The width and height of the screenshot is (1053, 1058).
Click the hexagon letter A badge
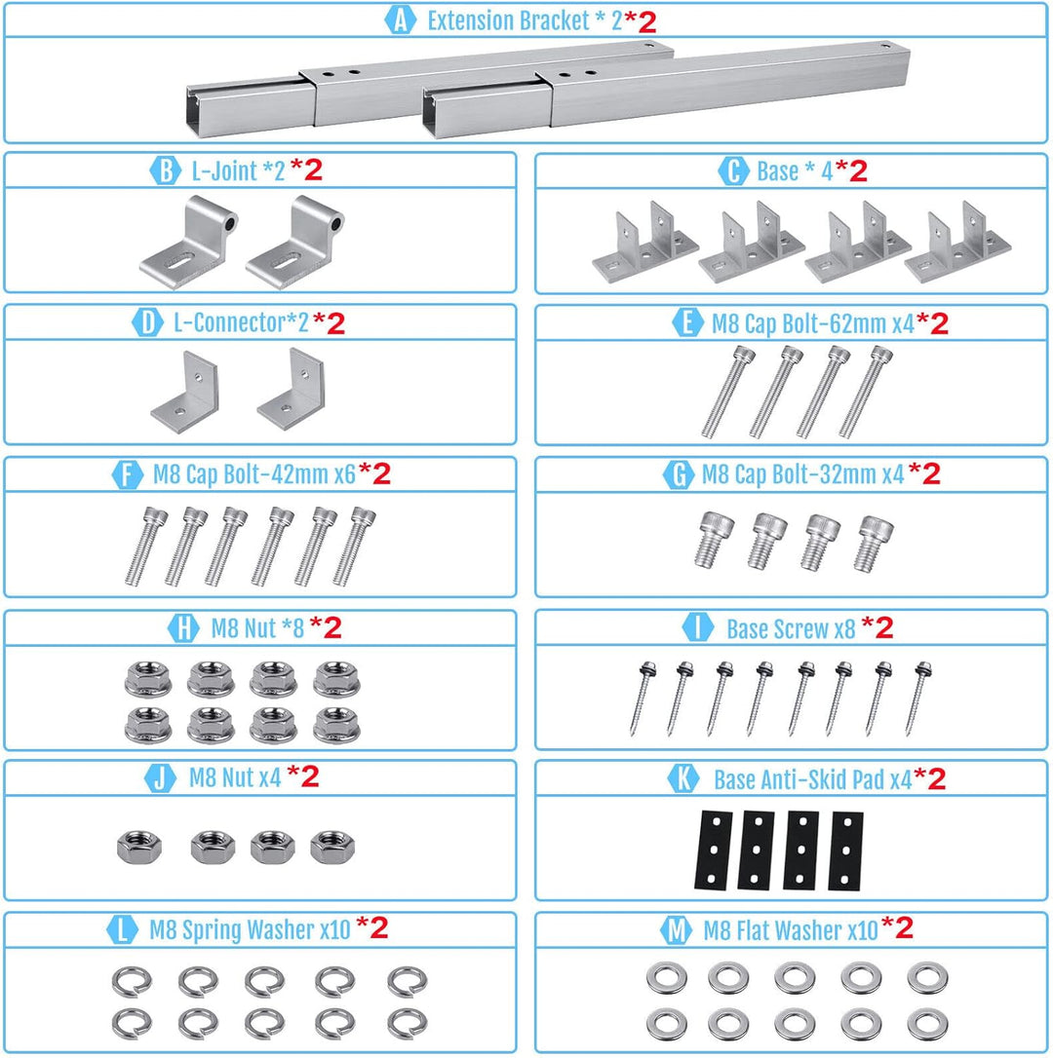coord(401,20)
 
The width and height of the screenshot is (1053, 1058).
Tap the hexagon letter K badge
coord(682,778)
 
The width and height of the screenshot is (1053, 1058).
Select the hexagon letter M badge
coord(676,930)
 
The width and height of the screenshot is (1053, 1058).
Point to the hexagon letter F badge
coord(127,474)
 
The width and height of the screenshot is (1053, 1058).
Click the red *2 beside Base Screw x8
coord(877,626)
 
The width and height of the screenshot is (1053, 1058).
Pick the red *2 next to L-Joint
coord(306,170)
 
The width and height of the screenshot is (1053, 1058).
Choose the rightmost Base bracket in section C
coord(957,242)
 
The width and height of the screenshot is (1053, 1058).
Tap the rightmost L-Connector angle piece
coord(292,389)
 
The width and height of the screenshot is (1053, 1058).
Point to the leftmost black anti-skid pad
coord(714,850)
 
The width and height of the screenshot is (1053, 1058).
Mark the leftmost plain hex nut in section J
coord(139,847)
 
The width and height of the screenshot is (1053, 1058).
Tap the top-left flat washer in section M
coord(667,979)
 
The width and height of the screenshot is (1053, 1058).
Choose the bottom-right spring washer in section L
coord(407,1024)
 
